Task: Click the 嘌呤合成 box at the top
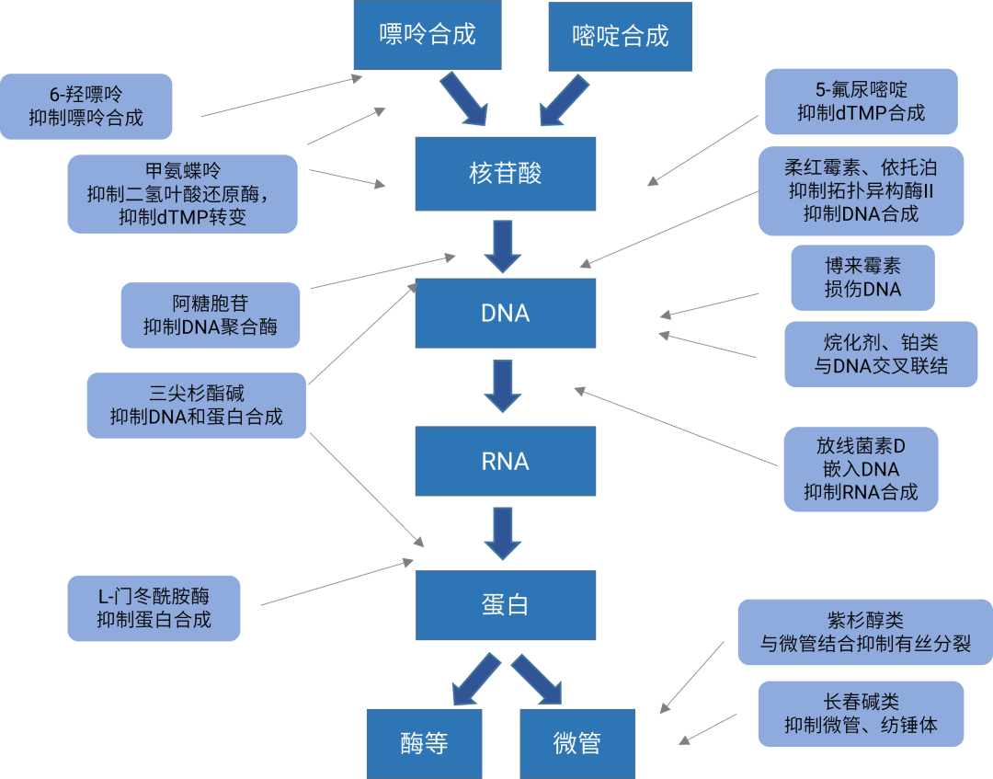coord(428,36)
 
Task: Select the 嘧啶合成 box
coord(620,37)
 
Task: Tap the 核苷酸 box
coord(506,174)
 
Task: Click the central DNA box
coord(506,314)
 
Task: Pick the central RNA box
coord(506,461)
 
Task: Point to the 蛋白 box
coord(506,605)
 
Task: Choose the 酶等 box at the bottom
coord(424,743)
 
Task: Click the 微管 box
coord(577,743)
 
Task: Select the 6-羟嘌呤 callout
coord(86,107)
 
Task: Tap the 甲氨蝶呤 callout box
coord(182,194)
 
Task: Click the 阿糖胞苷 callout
coord(211,315)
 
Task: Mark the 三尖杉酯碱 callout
coord(196,406)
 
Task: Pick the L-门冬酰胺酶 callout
coord(154,609)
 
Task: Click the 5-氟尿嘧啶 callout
coord(862,102)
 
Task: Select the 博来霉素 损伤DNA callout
coord(862,278)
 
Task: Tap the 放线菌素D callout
coord(861,469)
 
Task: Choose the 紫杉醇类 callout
coord(864,633)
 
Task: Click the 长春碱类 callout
coord(861,714)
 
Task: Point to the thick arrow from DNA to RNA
coord(503,387)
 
